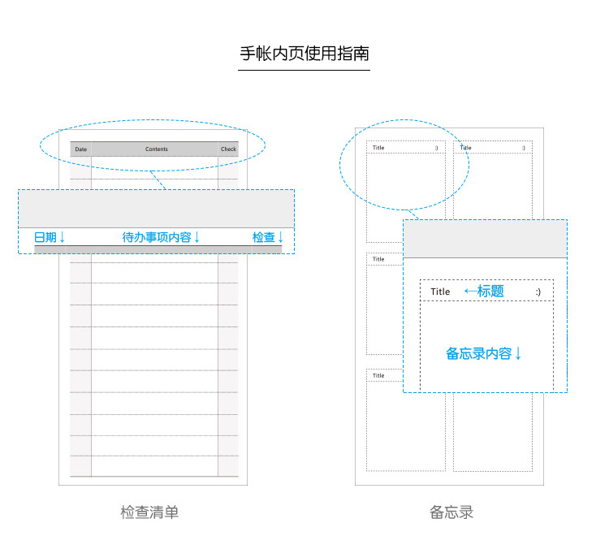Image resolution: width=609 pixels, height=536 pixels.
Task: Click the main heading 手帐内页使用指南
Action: click(304, 54)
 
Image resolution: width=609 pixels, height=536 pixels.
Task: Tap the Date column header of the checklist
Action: click(80, 149)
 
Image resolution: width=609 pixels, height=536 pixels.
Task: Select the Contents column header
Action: click(157, 149)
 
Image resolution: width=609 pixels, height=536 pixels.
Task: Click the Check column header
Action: click(228, 149)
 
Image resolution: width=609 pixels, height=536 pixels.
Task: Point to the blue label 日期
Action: click(45, 237)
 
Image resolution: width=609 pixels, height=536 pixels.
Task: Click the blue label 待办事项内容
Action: click(157, 237)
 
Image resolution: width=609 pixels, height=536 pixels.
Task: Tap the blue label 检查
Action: click(264, 237)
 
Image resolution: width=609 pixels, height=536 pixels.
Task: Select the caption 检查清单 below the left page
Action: click(149, 512)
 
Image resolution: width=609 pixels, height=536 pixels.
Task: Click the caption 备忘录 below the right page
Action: click(451, 512)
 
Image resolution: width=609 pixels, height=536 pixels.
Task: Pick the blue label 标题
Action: click(490, 291)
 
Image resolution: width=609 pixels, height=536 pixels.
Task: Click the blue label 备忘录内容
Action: click(478, 353)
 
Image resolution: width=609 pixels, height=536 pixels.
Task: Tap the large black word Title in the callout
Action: click(440, 292)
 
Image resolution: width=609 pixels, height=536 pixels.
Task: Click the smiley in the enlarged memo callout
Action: click(538, 292)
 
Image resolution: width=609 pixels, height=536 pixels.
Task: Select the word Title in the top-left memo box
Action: click(378, 148)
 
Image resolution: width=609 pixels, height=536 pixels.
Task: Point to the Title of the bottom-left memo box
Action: click(378, 375)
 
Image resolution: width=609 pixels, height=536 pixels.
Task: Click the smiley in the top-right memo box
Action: click(524, 148)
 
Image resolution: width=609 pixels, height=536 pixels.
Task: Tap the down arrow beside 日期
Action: click(63, 237)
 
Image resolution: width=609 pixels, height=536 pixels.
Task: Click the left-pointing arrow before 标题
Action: click(471, 291)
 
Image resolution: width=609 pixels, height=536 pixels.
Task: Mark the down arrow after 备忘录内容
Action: click(518, 353)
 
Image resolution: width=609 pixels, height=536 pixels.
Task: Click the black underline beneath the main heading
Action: click(304, 71)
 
